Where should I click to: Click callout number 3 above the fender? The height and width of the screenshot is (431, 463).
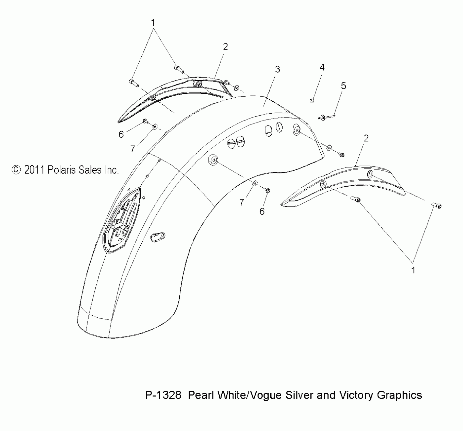point(277,69)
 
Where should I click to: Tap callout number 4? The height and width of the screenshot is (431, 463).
point(322,67)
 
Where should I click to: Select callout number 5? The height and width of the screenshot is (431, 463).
point(343,86)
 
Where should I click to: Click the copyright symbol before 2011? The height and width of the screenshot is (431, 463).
point(16,170)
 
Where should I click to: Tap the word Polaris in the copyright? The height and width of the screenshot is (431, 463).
point(61,170)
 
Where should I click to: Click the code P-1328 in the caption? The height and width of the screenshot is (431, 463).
point(163,395)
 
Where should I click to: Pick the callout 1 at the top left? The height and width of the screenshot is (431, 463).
point(153,23)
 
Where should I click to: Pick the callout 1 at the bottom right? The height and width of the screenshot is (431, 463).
point(413,271)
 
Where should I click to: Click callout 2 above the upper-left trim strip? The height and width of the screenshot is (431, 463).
point(225,47)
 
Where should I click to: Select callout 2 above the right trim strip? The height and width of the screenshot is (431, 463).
point(366,138)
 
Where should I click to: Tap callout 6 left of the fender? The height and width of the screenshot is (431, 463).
point(121,134)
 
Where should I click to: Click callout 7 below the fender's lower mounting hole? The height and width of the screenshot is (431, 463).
point(241,202)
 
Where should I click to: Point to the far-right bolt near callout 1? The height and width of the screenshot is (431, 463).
point(437,206)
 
